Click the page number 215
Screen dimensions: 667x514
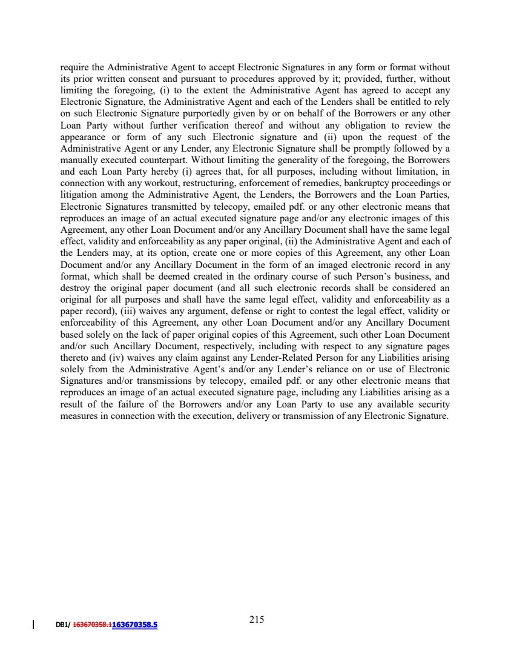(257, 619)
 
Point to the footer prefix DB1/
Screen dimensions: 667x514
(63, 623)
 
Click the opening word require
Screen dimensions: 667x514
(76, 65)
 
